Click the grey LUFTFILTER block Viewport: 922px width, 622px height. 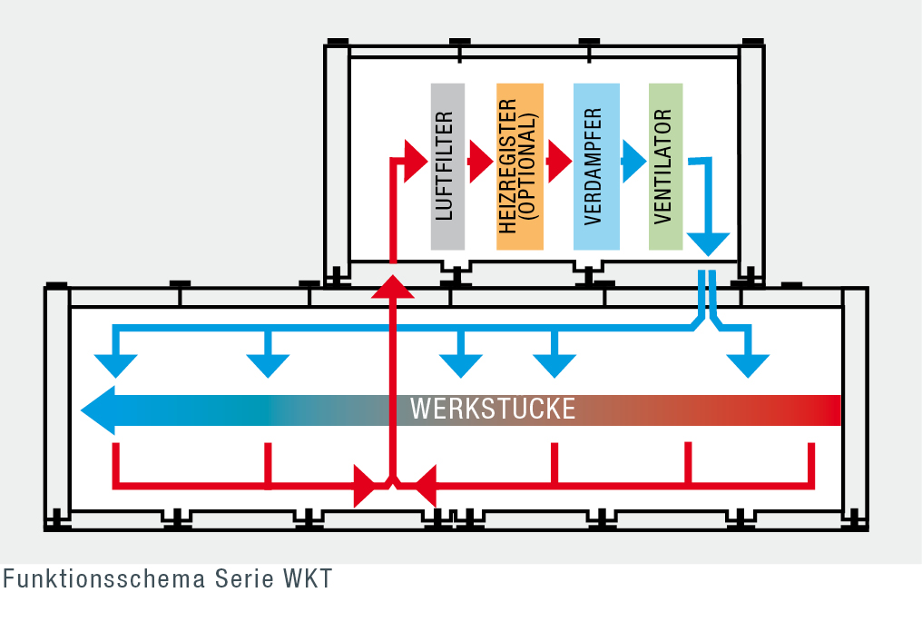point(447,166)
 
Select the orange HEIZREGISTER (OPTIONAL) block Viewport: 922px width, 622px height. point(520,166)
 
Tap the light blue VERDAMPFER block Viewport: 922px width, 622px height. point(596,166)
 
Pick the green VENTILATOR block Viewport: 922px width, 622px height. point(665,166)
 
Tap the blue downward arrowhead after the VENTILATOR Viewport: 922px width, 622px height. point(708,243)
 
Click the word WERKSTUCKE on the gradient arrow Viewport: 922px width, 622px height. point(493,409)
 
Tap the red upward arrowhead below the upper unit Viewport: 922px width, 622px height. point(393,286)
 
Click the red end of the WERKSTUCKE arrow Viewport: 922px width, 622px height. point(826,410)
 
